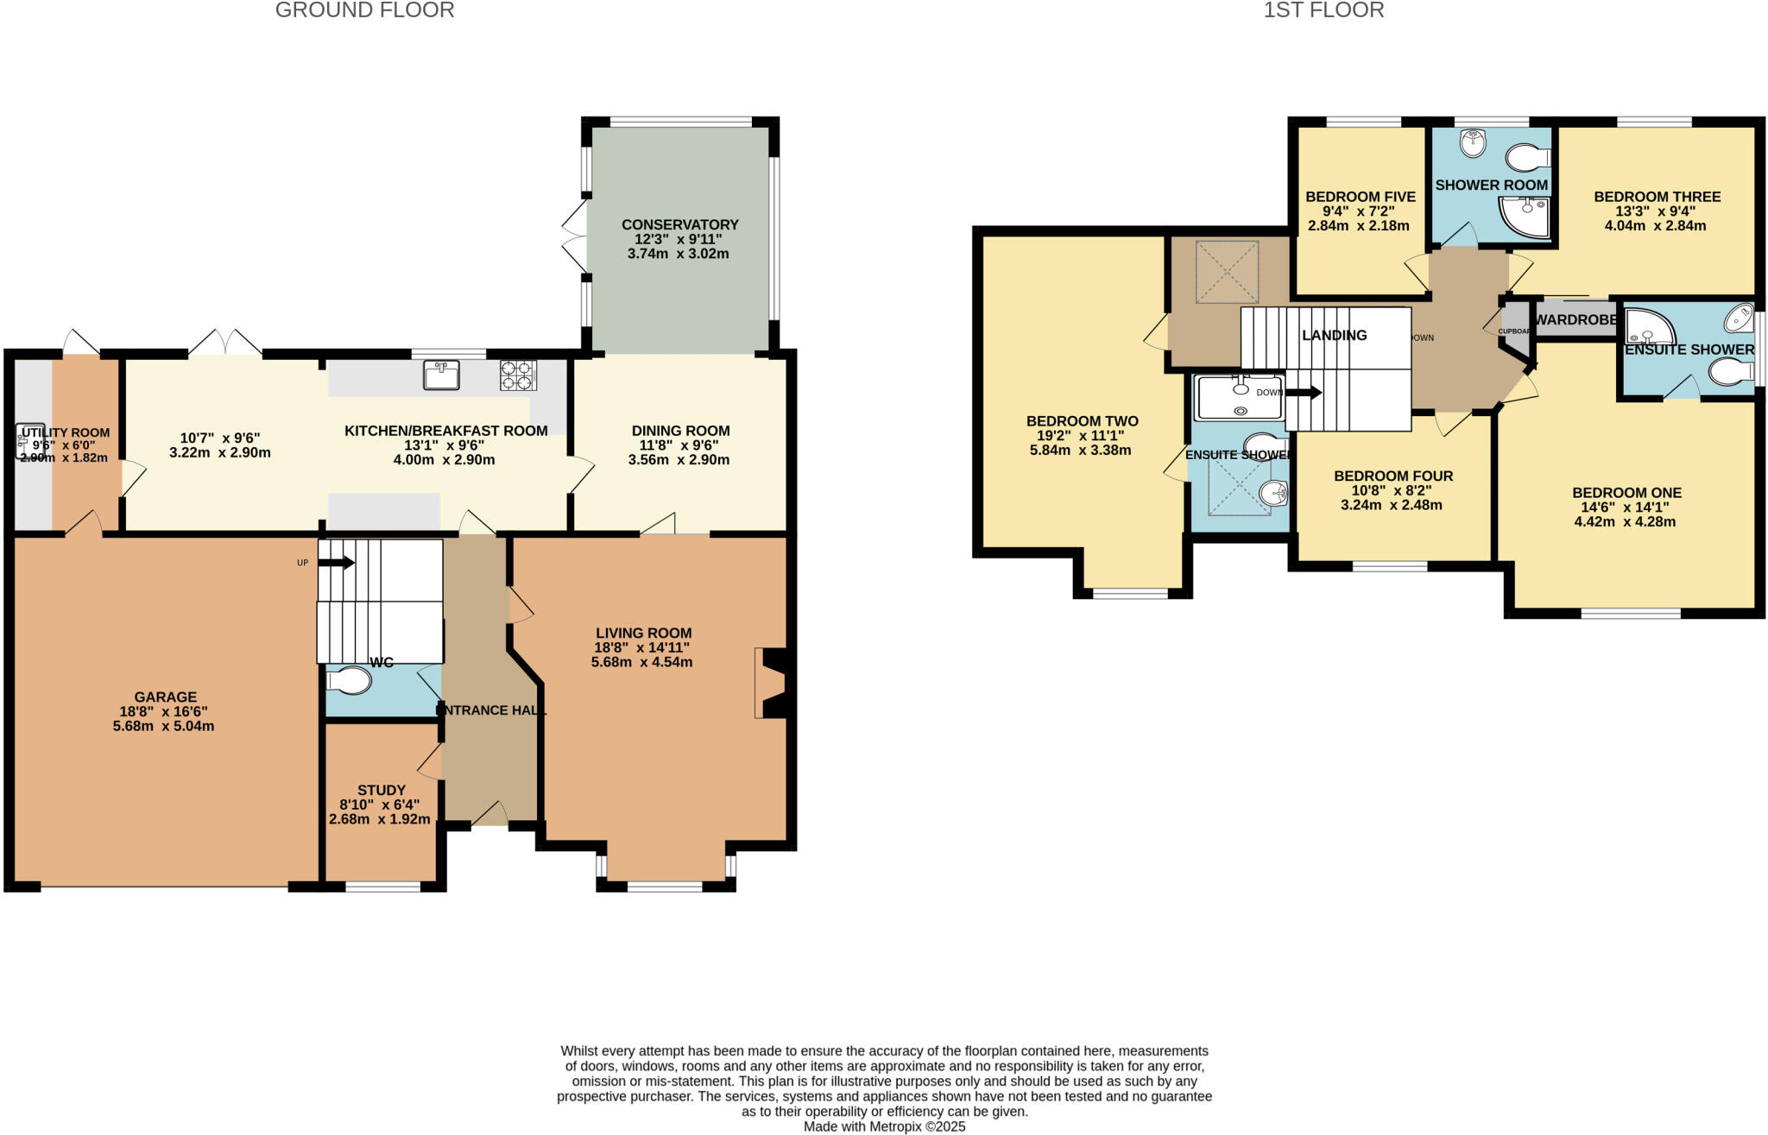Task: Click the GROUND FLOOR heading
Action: [364, 10]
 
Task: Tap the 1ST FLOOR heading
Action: [1323, 10]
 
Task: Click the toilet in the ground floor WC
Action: [350, 682]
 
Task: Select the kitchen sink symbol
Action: [441, 375]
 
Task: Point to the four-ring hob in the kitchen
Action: [518, 375]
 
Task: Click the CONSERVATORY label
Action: [679, 224]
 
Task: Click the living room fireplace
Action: [771, 683]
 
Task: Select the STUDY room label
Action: [381, 790]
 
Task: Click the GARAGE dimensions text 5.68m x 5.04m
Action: [163, 727]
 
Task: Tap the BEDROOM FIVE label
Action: [1360, 197]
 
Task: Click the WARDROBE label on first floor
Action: [1575, 319]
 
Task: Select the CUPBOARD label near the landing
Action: [1514, 331]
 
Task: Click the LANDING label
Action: [1334, 335]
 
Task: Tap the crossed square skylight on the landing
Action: [1227, 272]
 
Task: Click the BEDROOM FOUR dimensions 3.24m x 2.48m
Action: [1391, 505]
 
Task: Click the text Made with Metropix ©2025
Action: [884, 1126]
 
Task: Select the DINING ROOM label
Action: [680, 431]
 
